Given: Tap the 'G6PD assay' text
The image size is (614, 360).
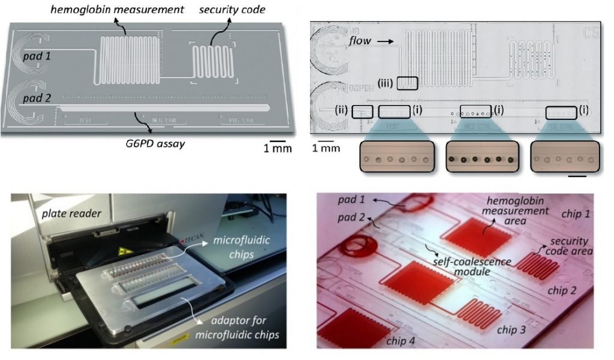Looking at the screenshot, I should click(149, 143).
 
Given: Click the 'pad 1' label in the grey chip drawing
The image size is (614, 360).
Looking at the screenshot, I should click(37, 55).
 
